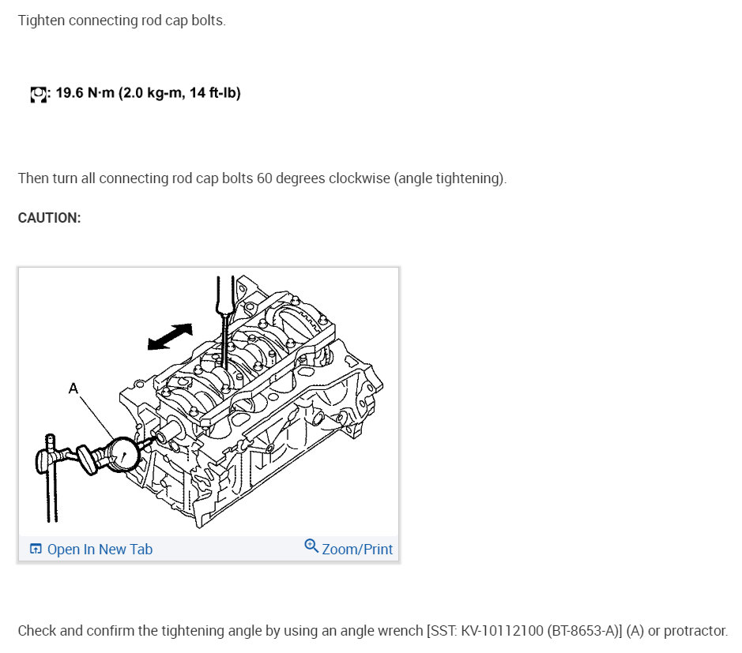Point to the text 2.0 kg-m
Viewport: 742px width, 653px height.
pyautogui.click(x=156, y=93)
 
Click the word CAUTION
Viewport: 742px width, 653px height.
pyautogui.click(x=49, y=218)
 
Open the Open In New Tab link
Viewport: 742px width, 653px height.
pyautogui.click(x=100, y=550)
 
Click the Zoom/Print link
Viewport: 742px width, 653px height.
pyautogui.click(x=357, y=550)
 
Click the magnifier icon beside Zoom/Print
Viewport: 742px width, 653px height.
pyautogui.click(x=311, y=546)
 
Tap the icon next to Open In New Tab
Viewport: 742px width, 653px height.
pyautogui.click(x=36, y=549)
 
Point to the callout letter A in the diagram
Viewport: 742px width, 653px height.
pyautogui.click(x=73, y=387)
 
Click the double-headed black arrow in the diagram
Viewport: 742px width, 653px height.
pyautogui.click(x=170, y=336)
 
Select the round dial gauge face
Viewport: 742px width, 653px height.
pyautogui.click(x=121, y=453)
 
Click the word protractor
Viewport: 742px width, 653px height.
pyautogui.click(x=694, y=631)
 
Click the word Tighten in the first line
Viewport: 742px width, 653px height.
pyautogui.click(x=40, y=21)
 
